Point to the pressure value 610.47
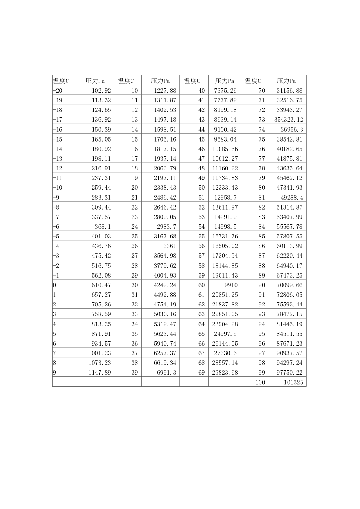point(101,285)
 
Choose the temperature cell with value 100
point(260,382)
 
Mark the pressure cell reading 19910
point(229,285)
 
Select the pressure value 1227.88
point(165,90)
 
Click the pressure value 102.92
point(101,90)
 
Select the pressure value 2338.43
point(165,188)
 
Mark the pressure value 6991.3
point(167,372)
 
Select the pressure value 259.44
point(101,188)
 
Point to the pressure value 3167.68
point(165,236)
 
